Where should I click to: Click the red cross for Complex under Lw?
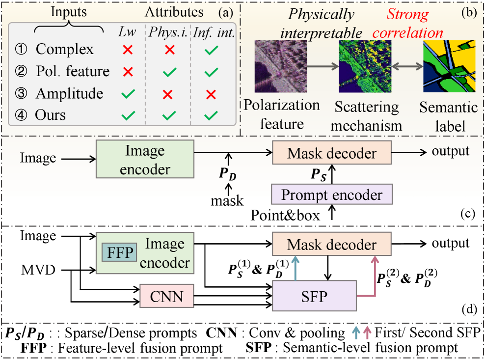pos(128,50)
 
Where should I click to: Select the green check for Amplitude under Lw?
pos(128,94)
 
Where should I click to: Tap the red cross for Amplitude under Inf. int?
pos(212,94)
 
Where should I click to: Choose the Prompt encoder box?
pos(332,195)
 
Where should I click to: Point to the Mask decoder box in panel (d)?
pos(332,245)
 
